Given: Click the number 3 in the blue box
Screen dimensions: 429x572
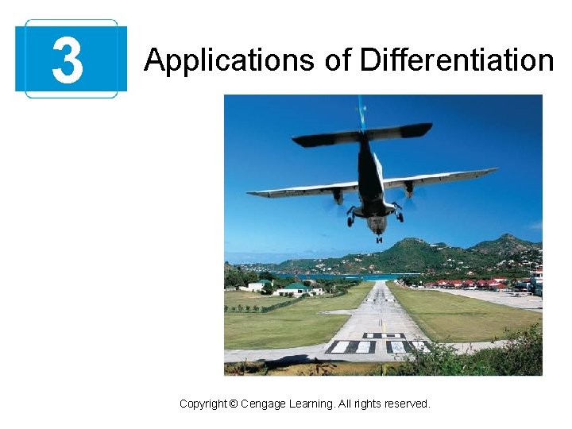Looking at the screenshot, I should coord(68,61).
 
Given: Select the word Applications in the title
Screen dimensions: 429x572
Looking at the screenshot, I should coord(209,60).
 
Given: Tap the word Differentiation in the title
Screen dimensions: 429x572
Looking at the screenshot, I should coord(456,60).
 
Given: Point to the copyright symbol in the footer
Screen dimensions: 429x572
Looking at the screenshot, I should coord(233,404).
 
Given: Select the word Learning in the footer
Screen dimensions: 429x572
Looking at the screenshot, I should coord(311,404).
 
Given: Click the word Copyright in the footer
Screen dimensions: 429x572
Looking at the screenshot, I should coord(203,404).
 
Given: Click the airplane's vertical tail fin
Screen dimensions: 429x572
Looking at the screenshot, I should coord(361,111).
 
